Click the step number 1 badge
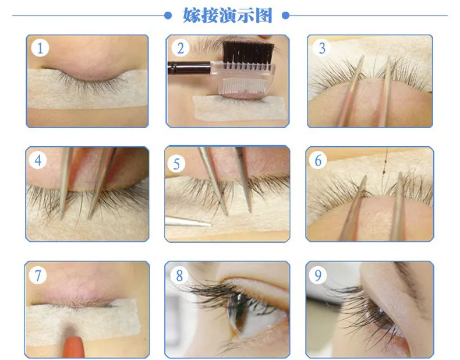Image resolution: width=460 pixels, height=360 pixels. [40, 48]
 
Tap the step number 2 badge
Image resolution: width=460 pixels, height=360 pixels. [180, 48]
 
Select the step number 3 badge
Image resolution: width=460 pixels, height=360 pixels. [322, 48]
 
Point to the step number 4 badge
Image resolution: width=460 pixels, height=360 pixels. [38, 160]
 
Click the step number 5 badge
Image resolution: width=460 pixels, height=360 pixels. [176, 164]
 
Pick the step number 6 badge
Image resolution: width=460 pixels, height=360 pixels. [318, 160]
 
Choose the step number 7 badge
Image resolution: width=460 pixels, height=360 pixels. [38, 275]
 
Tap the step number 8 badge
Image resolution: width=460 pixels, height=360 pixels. [179, 275]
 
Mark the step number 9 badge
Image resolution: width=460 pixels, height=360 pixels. [318, 275]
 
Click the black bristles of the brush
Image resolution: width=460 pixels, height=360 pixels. [248, 52]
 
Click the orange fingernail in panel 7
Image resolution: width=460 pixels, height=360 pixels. [73, 347]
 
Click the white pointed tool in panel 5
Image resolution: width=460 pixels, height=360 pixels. [188, 221]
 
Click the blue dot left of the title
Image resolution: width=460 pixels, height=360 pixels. [168, 15]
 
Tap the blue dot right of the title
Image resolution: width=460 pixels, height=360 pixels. [285, 15]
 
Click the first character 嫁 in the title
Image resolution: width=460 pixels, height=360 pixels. [192, 15]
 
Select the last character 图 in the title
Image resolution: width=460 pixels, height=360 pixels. [264, 15]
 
